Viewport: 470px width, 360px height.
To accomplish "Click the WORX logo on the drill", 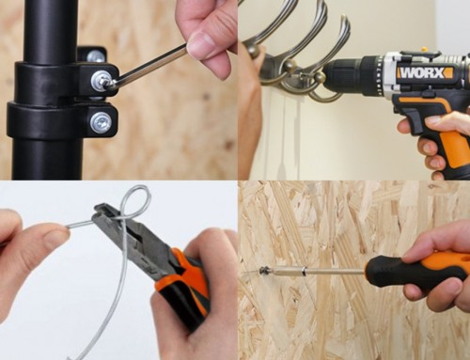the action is (x=426, y=72).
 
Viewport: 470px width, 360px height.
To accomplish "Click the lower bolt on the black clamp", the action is (x=100, y=121).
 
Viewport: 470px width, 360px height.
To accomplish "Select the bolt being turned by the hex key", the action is (x=101, y=81).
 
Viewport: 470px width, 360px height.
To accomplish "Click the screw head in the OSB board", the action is (x=263, y=270).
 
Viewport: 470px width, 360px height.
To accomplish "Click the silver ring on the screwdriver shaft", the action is (x=303, y=271).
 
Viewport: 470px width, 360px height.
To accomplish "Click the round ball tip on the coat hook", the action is (x=321, y=77).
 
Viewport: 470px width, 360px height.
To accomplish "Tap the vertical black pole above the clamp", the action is (x=50, y=31).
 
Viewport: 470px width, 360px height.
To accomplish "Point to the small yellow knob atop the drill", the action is (x=424, y=50).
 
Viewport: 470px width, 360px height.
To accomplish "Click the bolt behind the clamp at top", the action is (x=96, y=56).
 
